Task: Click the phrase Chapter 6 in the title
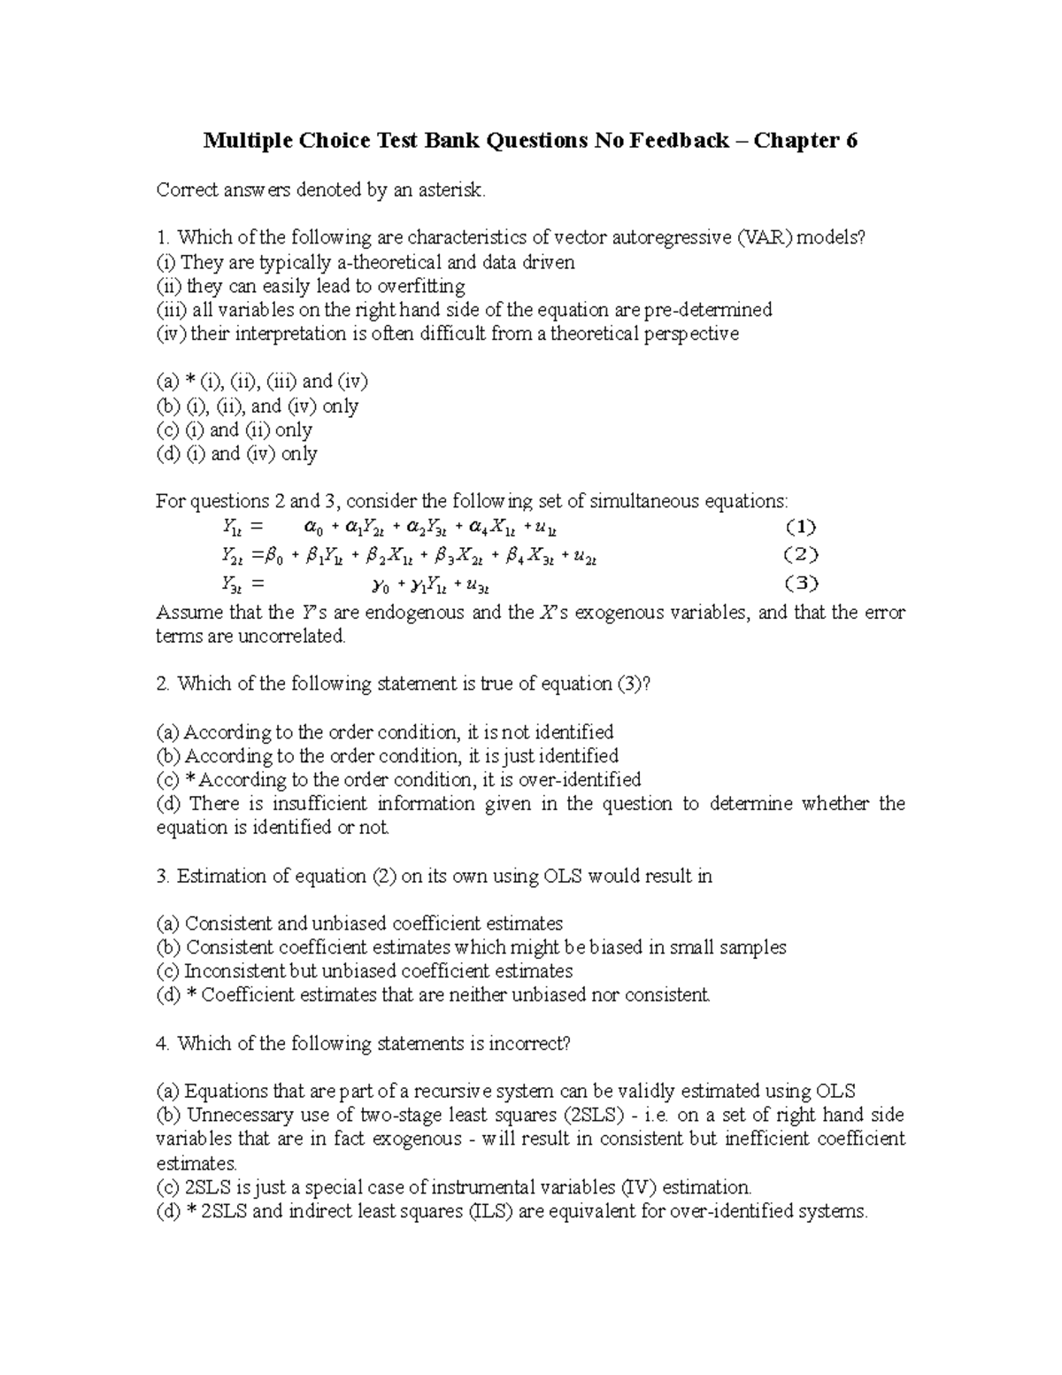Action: pos(805,140)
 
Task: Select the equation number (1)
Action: pos(800,529)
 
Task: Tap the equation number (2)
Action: pos(800,556)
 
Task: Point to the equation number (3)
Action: pos(800,584)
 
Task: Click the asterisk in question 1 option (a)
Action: pos(190,382)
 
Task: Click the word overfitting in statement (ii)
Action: pos(421,286)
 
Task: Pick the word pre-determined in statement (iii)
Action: pos(708,310)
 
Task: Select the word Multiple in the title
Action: pos(246,140)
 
